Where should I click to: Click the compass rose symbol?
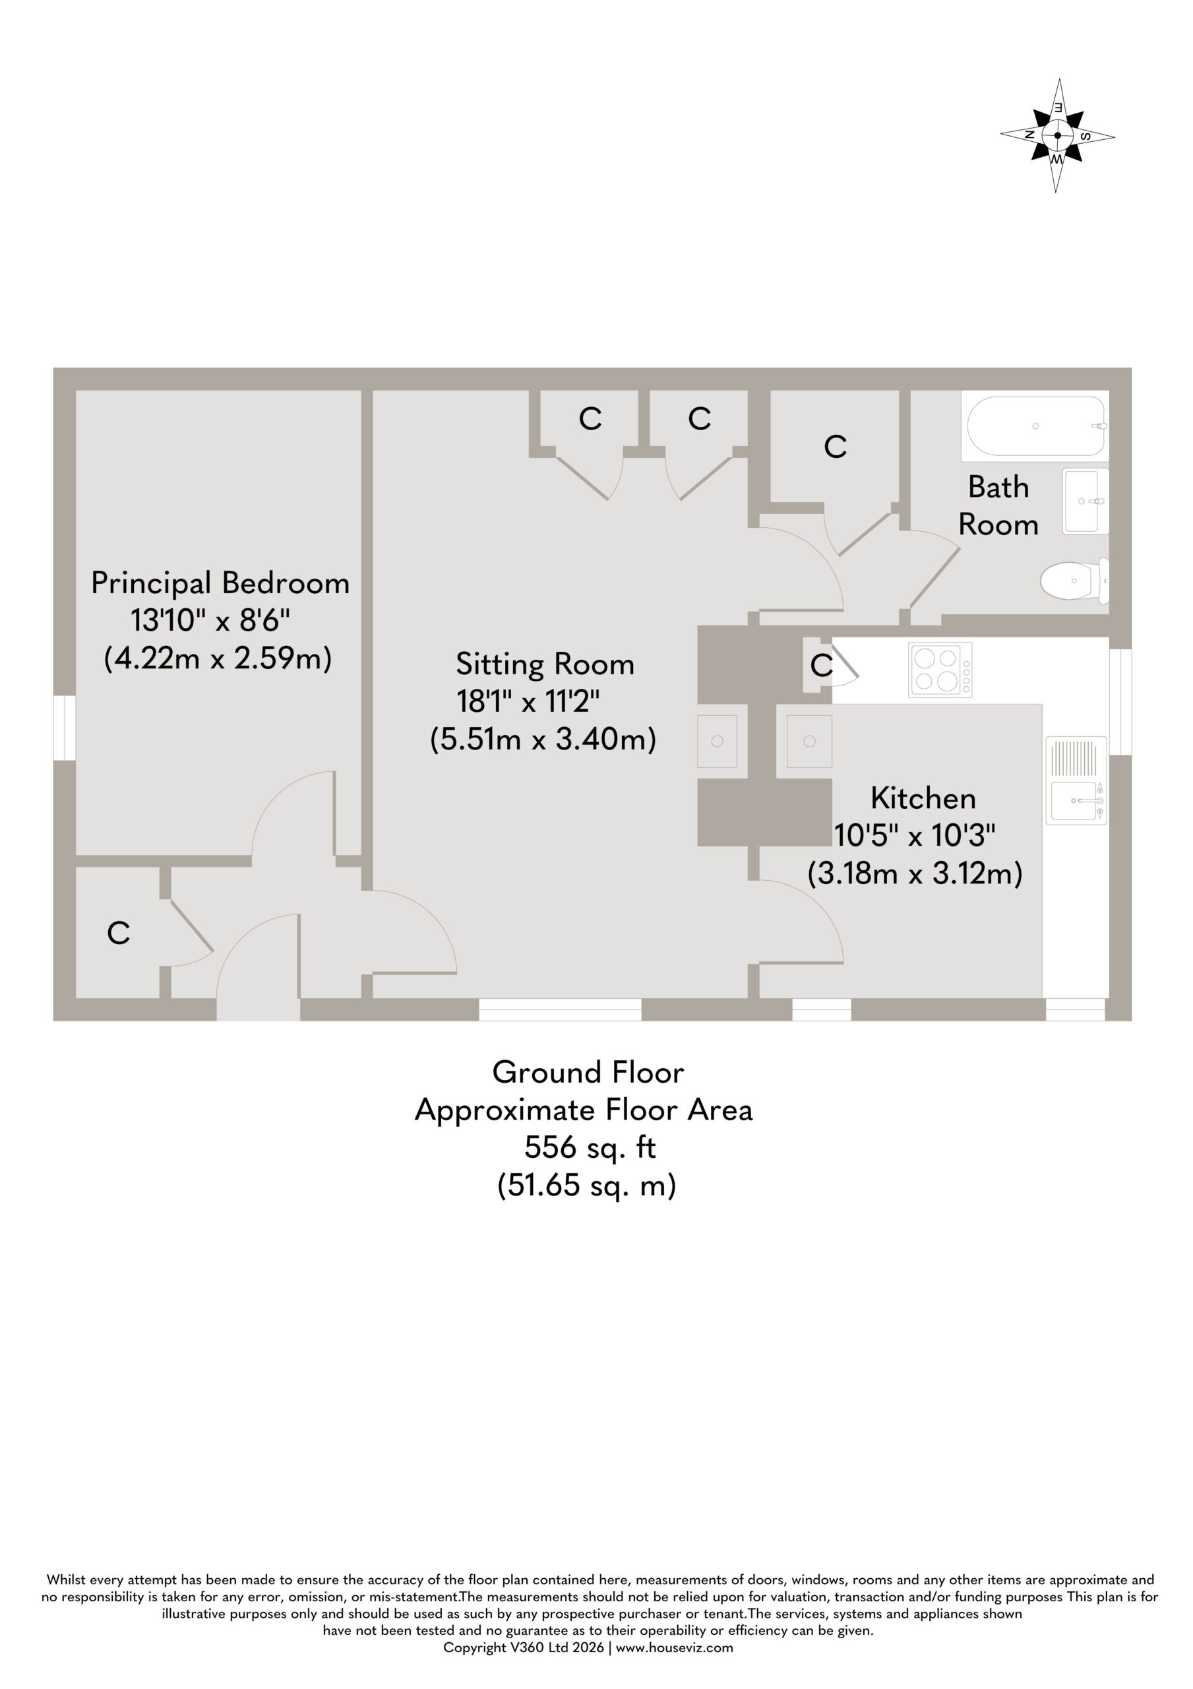click(x=1057, y=135)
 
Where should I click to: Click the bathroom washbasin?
click(x=1086, y=501)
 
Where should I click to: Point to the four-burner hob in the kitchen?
click(x=940, y=670)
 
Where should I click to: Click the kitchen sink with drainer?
click(x=1076, y=780)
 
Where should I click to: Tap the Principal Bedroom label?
click(x=220, y=583)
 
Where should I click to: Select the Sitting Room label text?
click(x=545, y=664)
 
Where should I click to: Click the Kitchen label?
click(x=923, y=798)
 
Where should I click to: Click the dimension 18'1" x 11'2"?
click(x=528, y=702)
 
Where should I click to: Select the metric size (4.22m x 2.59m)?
click(x=218, y=658)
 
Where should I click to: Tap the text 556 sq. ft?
click(x=590, y=1147)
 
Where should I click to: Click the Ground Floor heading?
click(x=588, y=1073)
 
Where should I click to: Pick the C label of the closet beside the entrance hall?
click(x=119, y=933)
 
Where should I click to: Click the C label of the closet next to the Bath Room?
click(x=836, y=447)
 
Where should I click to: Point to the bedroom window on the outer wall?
click(x=65, y=728)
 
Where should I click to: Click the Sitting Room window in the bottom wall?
click(x=561, y=1009)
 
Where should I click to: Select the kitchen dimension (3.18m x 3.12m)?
click(x=915, y=874)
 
